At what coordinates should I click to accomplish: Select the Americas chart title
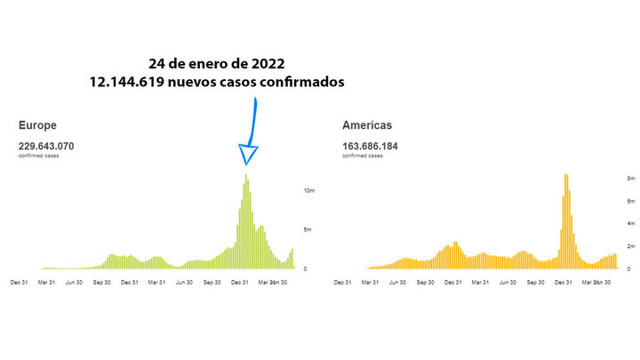click(367, 126)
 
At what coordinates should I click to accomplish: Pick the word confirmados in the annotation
click(299, 81)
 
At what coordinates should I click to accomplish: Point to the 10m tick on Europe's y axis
click(308, 191)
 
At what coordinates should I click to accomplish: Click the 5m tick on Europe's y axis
click(307, 229)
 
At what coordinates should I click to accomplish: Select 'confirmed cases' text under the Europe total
click(40, 156)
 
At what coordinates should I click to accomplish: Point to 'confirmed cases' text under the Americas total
click(363, 156)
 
